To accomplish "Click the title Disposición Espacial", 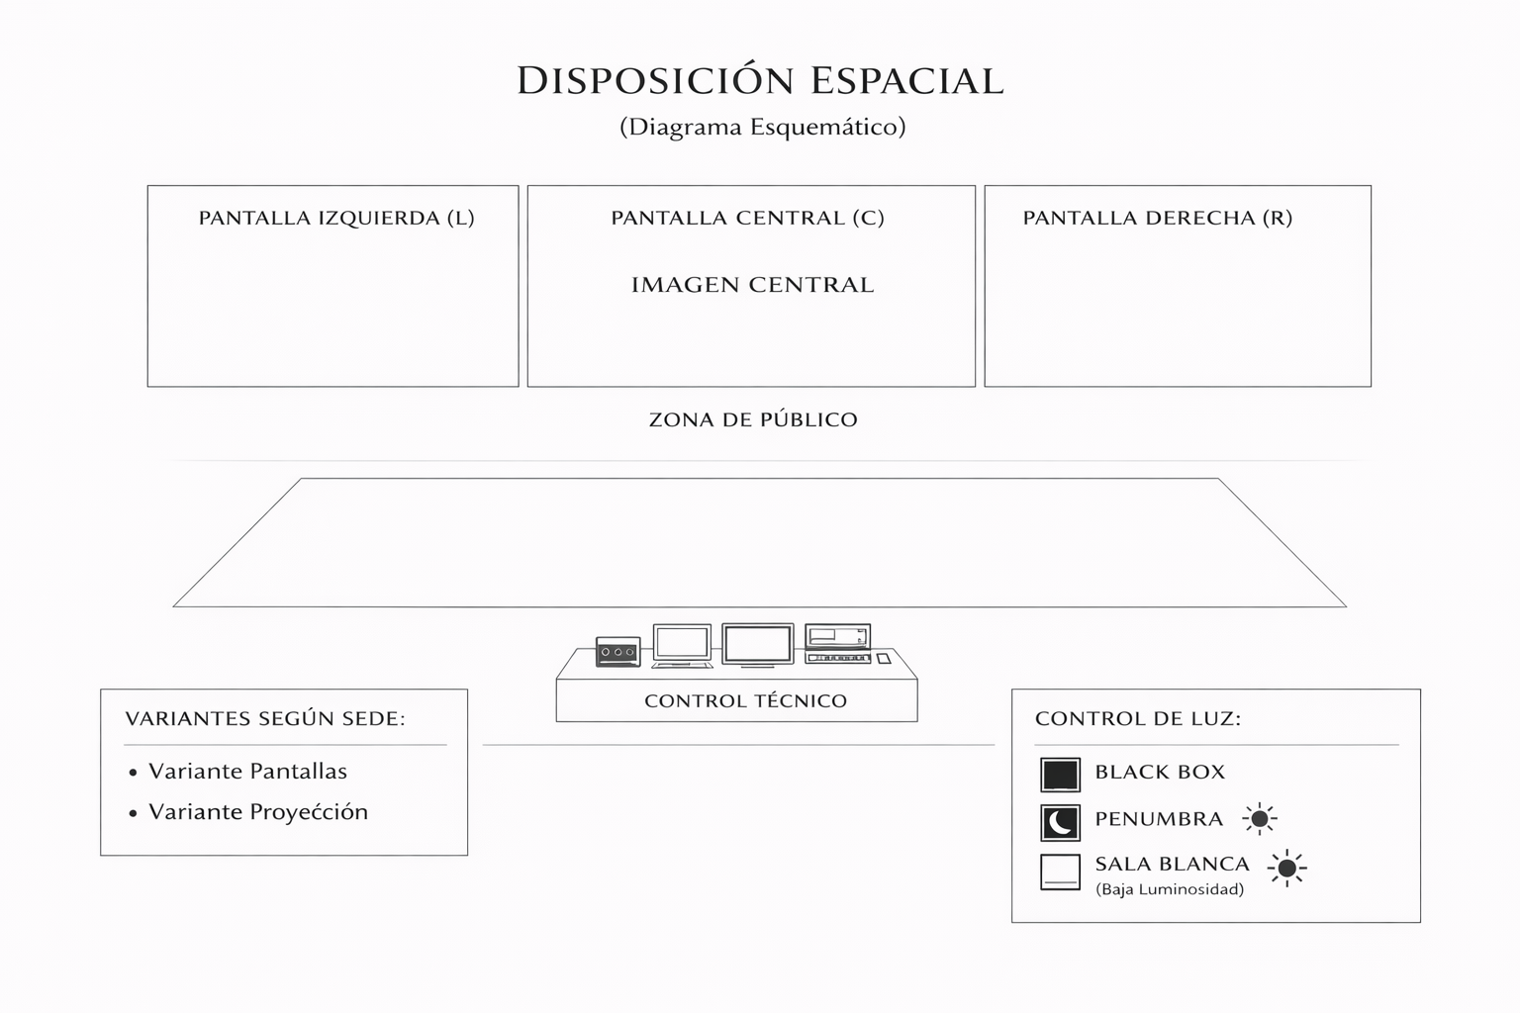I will tap(760, 80).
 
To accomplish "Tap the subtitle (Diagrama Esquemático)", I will tap(762, 127).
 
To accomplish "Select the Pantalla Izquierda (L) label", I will tap(336, 218).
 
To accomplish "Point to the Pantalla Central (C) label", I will tap(747, 218).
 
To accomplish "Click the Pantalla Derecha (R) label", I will tap(1158, 218).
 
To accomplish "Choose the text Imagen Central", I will tap(752, 285).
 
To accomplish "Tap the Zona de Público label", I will tap(753, 419).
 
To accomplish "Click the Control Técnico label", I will tap(745, 701).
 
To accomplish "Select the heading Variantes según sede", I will tap(265, 718).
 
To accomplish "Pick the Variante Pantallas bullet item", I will tap(247, 771).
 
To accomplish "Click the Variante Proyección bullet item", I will tap(257, 812).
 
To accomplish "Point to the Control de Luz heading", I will tap(1138, 718).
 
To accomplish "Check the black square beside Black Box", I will tap(1060, 775).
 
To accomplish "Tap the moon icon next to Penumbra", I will tap(1060, 822).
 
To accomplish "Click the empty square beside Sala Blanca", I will tap(1060, 872).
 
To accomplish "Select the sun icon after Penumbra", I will tap(1260, 819).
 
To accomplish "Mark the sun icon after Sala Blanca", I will tap(1286, 868).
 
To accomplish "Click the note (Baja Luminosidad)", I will tap(1170, 889).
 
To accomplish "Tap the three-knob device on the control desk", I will tap(617, 652).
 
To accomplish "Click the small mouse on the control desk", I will tap(884, 658).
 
